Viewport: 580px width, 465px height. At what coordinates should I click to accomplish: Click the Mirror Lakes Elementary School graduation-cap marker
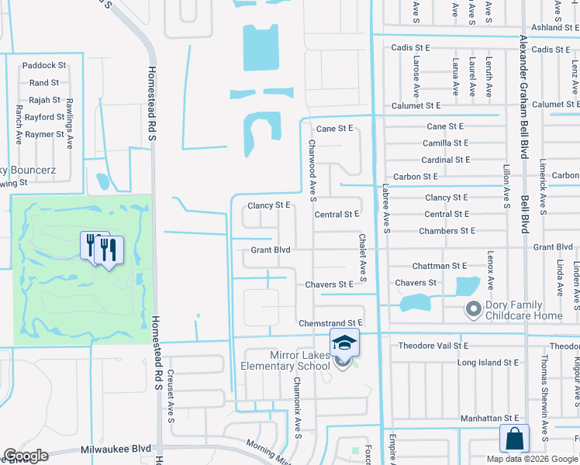pos(344,343)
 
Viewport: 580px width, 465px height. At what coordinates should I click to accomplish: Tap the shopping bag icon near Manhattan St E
pos(515,438)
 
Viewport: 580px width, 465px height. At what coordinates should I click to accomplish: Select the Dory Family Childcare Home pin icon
pos(473,310)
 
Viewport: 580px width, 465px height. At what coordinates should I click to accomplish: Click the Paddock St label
pos(44,66)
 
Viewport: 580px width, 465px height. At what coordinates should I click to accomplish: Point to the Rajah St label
pos(45,100)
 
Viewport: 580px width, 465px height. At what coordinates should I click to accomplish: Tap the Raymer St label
pos(44,134)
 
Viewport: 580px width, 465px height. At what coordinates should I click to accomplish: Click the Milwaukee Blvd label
pos(116,449)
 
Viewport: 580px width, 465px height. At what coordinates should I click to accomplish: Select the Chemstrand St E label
pos(331,322)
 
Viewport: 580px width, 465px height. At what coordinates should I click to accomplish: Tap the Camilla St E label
pos(446,143)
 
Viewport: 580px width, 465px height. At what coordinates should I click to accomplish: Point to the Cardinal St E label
pos(446,160)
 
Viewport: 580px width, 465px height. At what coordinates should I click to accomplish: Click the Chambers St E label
pos(447,231)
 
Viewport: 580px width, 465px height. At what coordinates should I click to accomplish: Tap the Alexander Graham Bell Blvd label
pos(524,97)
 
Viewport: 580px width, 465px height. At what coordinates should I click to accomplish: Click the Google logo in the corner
pos(26,456)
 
